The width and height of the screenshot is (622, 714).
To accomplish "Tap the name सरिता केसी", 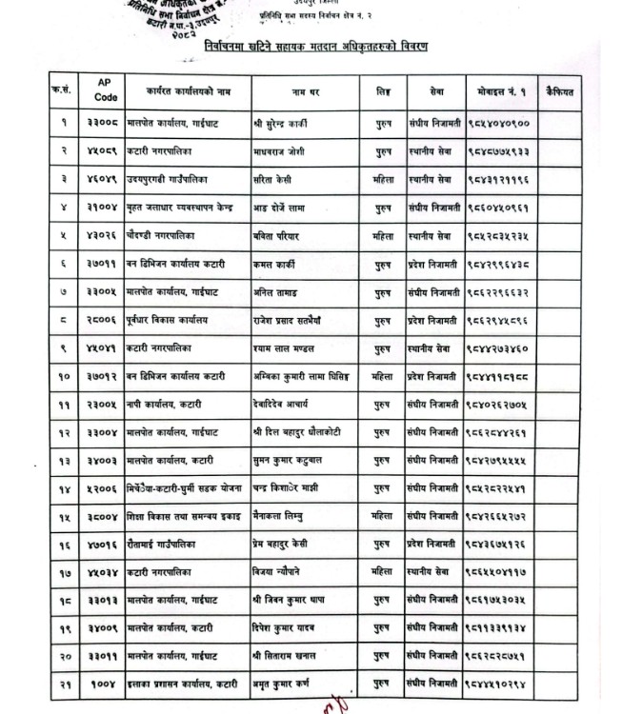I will [275, 179].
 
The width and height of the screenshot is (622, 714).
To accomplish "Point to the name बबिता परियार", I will [279, 235].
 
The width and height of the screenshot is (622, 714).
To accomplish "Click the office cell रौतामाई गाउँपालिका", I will [169, 547].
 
